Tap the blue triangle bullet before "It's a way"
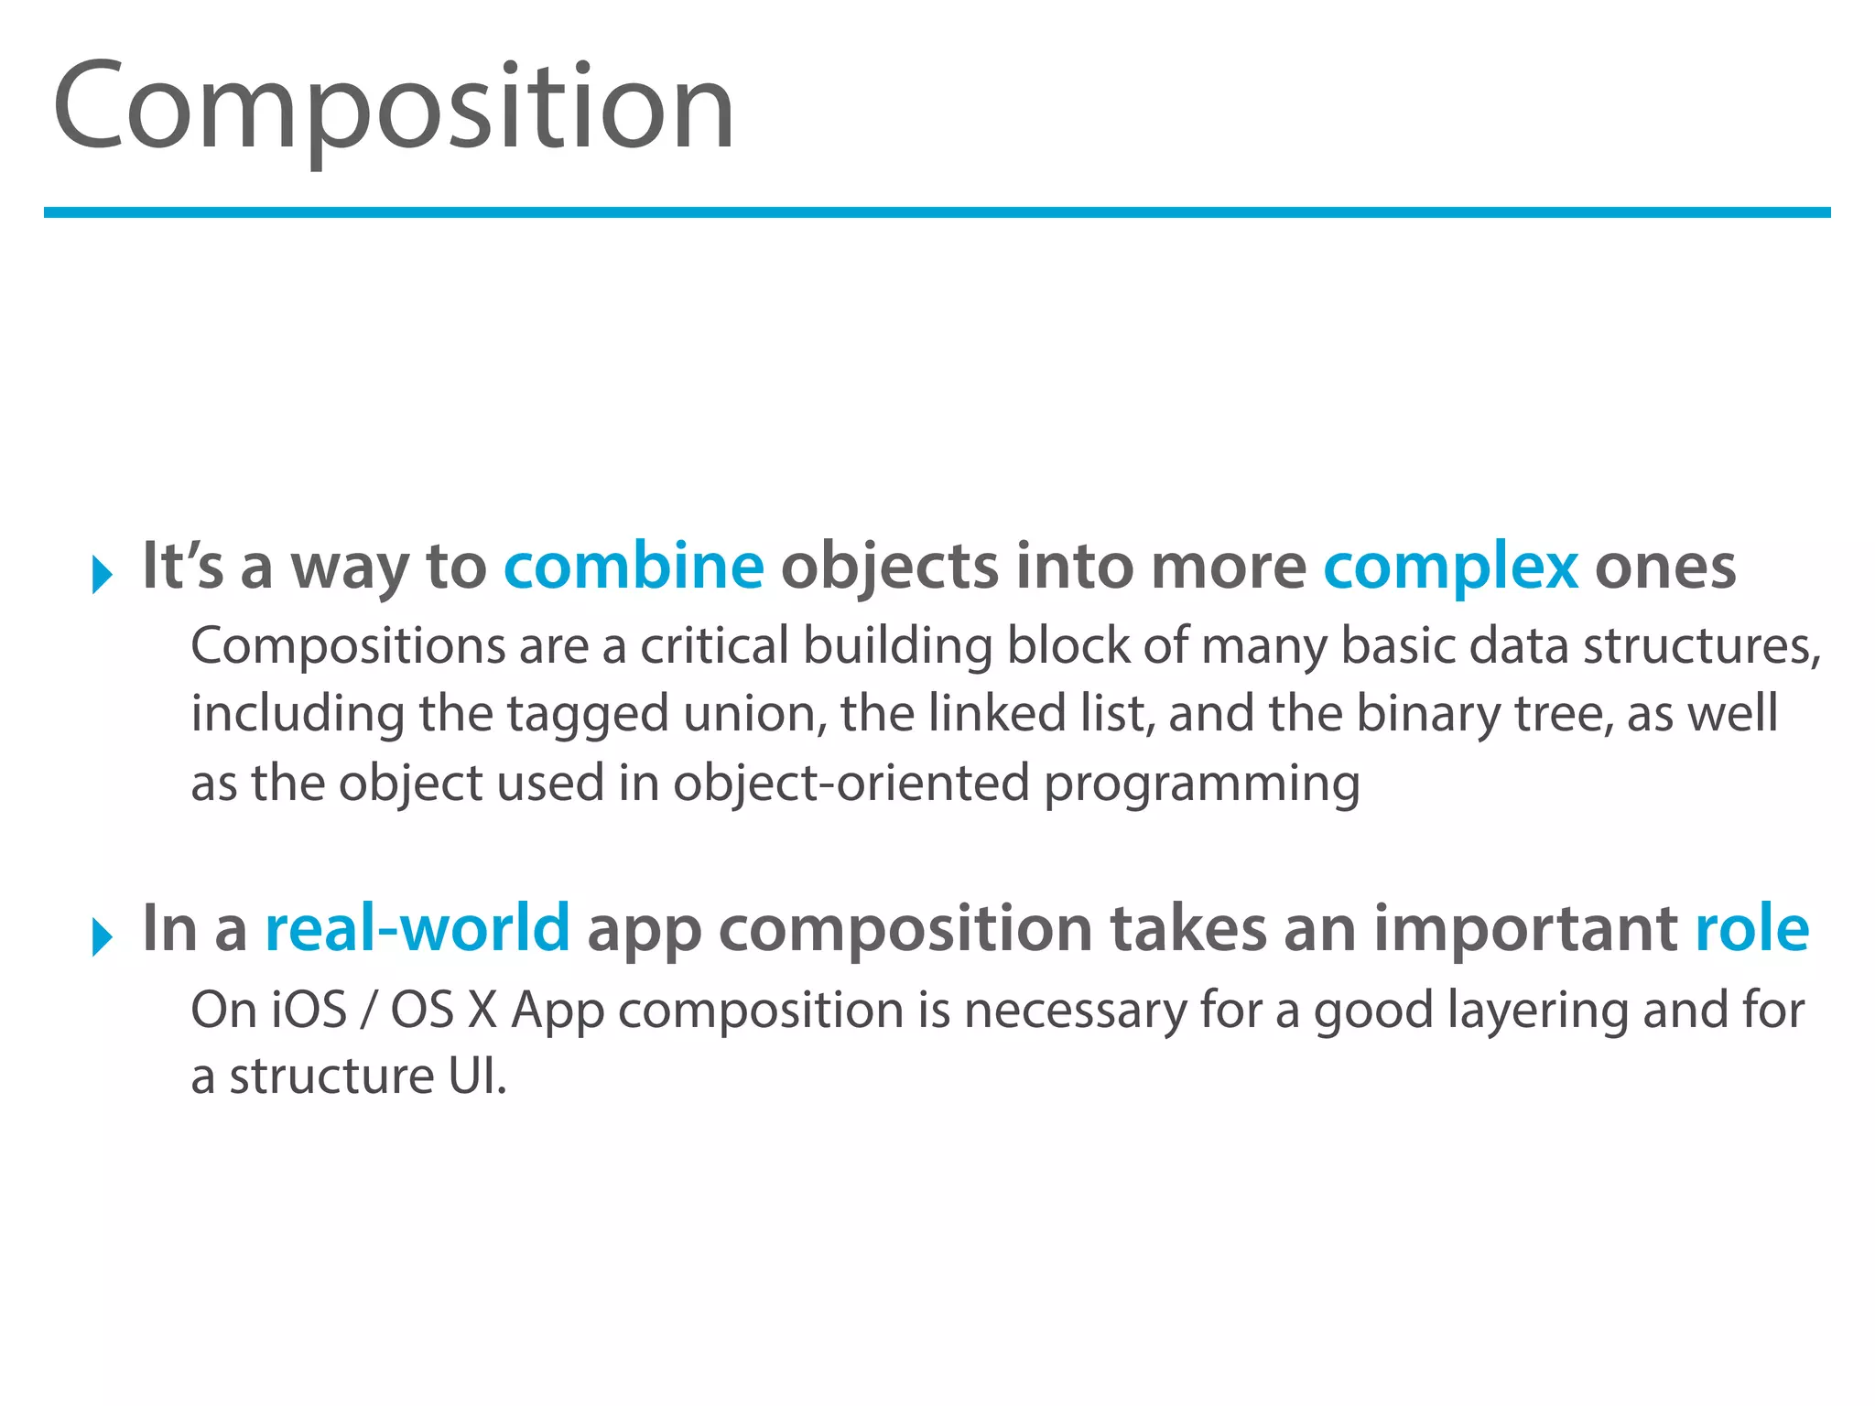(102, 575)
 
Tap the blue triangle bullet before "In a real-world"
(102, 936)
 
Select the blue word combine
(634, 567)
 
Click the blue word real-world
(417, 928)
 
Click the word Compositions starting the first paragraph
(347, 646)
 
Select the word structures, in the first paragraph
(1702, 646)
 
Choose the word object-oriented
(851, 784)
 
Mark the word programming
(1201, 785)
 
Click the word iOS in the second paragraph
(309, 1010)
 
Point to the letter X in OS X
(482, 1010)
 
